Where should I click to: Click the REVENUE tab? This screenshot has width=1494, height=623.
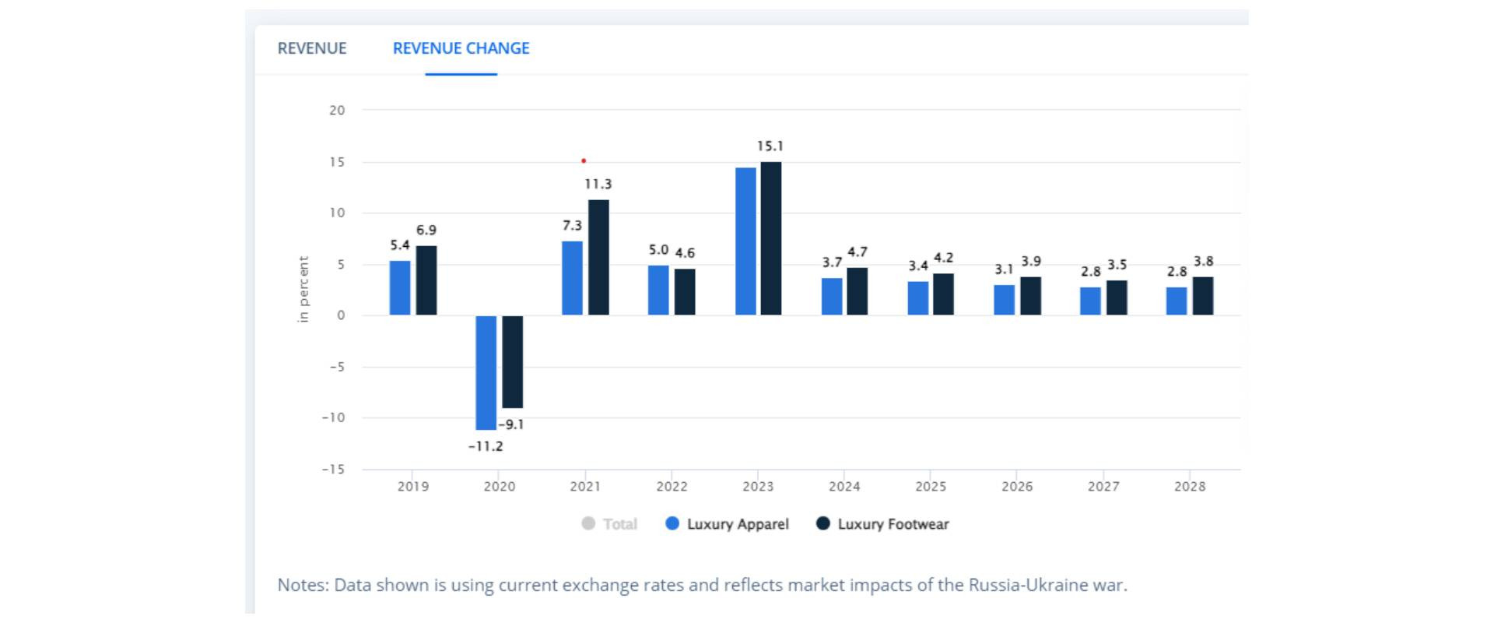pyautogui.click(x=312, y=48)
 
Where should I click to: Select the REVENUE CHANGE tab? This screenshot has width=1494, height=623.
pyautogui.click(x=461, y=48)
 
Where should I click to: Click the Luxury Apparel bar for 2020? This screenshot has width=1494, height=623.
pyautogui.click(x=486, y=372)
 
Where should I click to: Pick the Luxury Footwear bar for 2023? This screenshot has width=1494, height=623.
pyautogui.click(x=770, y=238)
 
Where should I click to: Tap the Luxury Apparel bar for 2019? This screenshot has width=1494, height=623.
pyautogui.click(x=400, y=287)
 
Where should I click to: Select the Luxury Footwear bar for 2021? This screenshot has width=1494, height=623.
pyautogui.click(x=598, y=257)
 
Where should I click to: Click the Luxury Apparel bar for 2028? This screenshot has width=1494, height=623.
pyautogui.click(x=1176, y=301)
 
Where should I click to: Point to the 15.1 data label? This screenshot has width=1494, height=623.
pyautogui.click(x=770, y=146)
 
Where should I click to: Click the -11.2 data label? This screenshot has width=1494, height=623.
pyautogui.click(x=486, y=446)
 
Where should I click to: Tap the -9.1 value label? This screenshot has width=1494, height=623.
pyautogui.click(x=511, y=424)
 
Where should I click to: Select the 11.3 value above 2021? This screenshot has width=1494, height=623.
pyautogui.click(x=598, y=185)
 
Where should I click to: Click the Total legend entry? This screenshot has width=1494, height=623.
pyautogui.click(x=610, y=524)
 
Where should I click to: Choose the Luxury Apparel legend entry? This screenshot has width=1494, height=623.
pyautogui.click(x=728, y=524)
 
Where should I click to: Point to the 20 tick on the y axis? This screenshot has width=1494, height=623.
pyautogui.click(x=337, y=111)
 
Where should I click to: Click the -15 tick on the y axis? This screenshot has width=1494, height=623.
pyautogui.click(x=333, y=470)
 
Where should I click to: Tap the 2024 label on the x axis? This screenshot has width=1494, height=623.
pyautogui.click(x=844, y=487)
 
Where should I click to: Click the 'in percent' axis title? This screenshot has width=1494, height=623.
pyautogui.click(x=303, y=289)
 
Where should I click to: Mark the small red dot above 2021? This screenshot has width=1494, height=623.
pyautogui.click(x=584, y=161)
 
